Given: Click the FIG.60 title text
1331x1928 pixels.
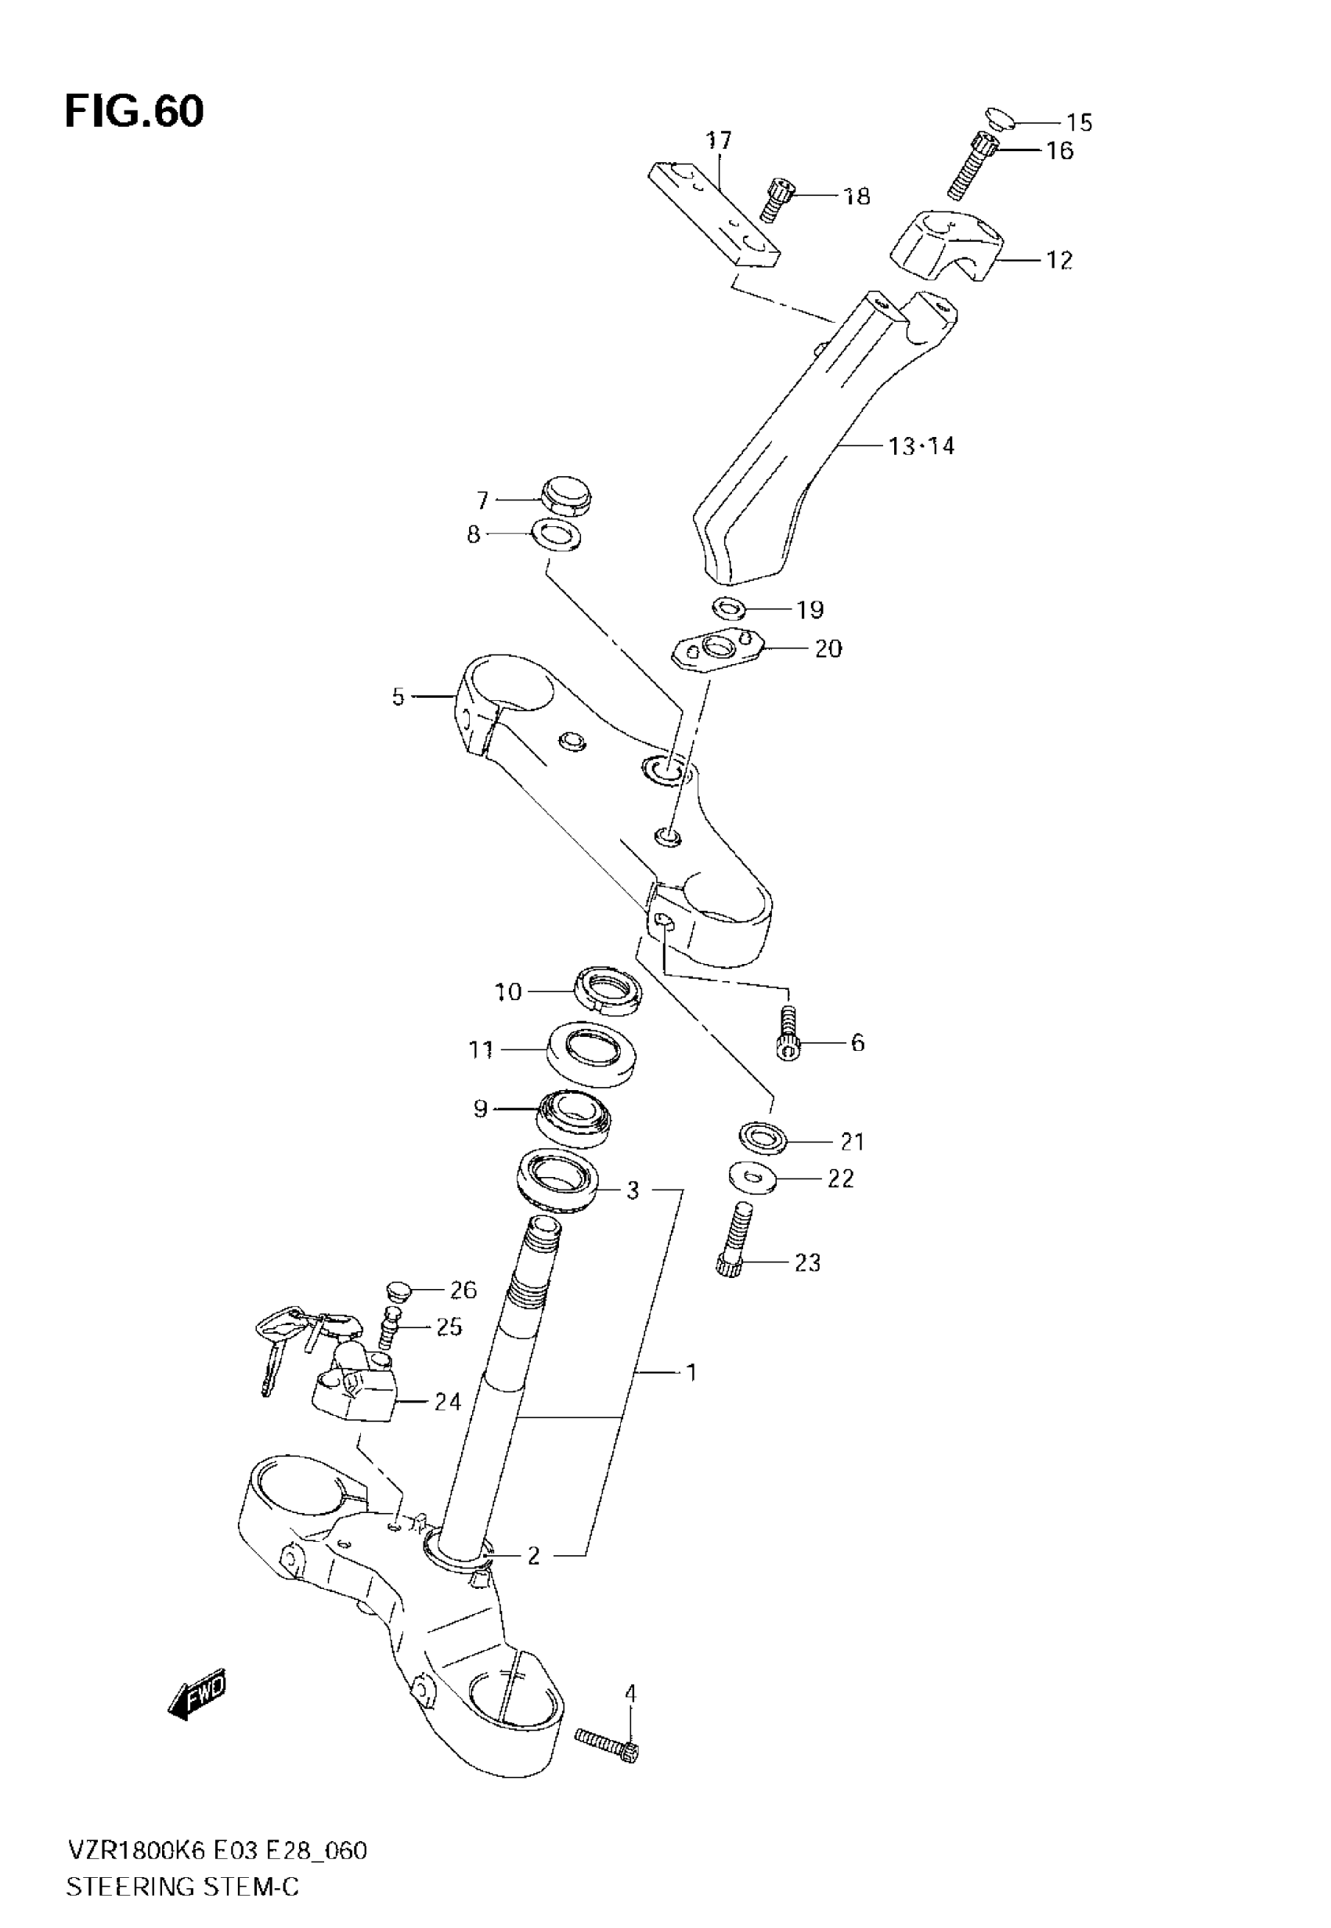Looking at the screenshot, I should tap(133, 111).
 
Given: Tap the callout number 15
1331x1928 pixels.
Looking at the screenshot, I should tap(1079, 123).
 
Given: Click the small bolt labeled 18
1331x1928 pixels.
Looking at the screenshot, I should tap(779, 201).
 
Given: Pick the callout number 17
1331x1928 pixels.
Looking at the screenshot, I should tap(718, 139).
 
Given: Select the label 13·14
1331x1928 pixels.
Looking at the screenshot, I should tap(921, 446).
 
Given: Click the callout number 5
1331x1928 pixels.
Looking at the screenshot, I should tap(398, 696).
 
